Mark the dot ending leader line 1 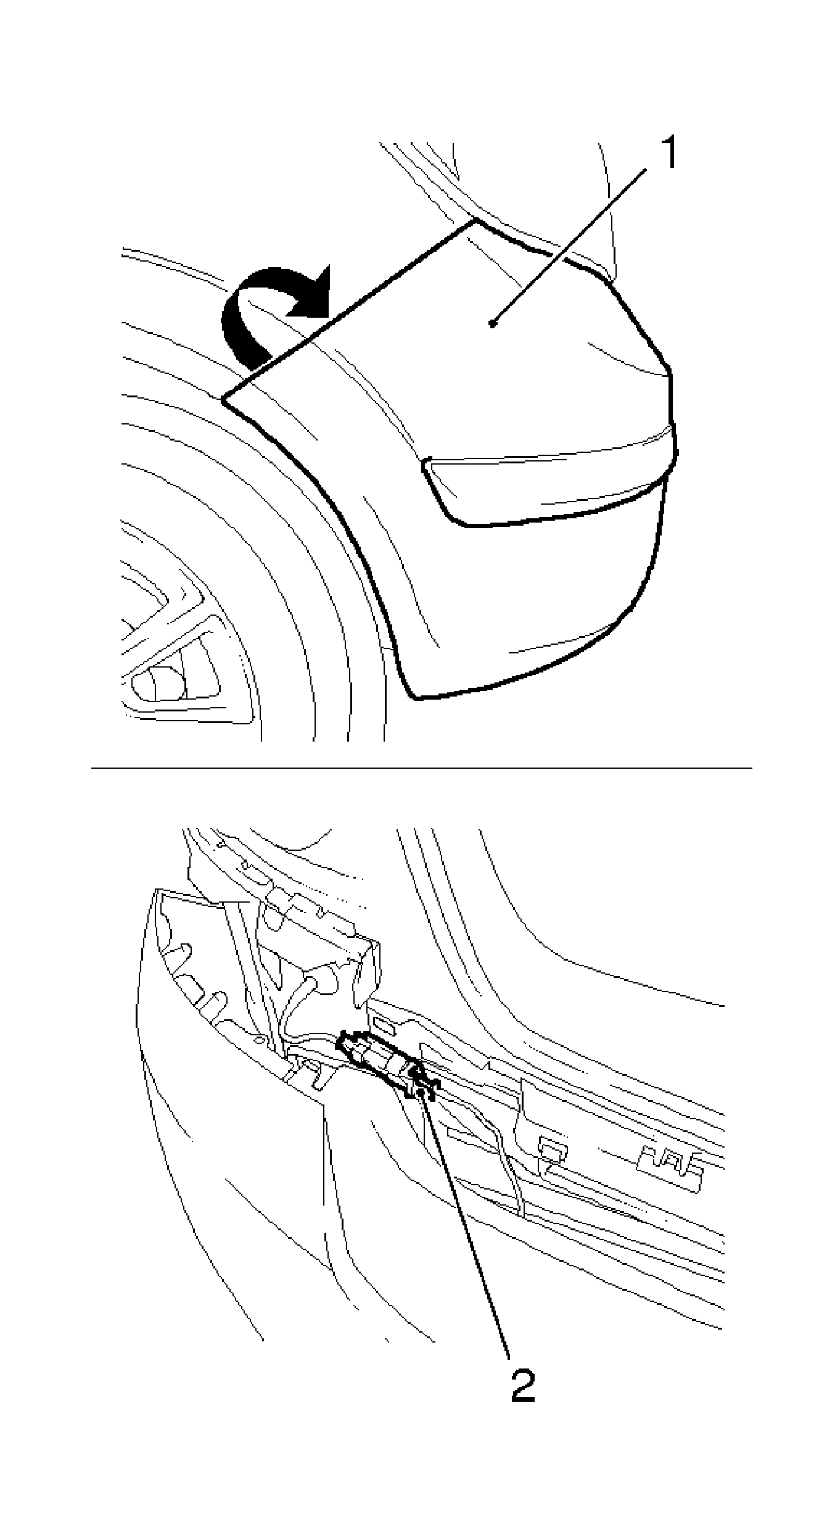tap(492, 323)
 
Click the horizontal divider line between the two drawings tap(422, 768)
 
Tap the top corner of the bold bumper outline tap(475, 219)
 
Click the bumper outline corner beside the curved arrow tap(223, 399)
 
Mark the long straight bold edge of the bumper tap(349, 308)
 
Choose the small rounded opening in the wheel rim tap(158, 684)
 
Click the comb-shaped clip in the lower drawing tap(671, 1160)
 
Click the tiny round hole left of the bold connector tap(260, 1040)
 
